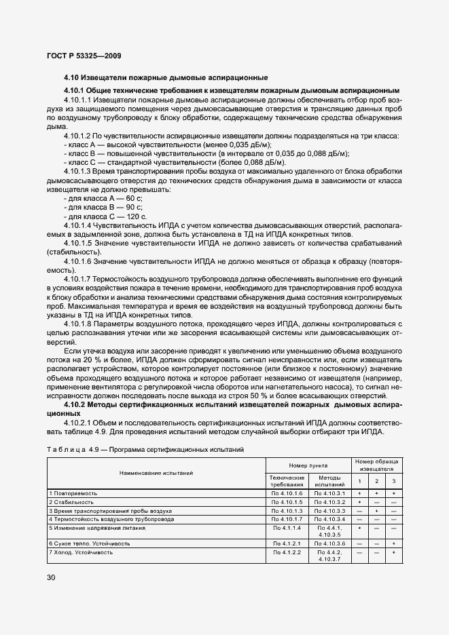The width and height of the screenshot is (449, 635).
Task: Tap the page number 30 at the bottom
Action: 52,578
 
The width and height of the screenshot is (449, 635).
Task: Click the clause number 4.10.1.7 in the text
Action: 77,280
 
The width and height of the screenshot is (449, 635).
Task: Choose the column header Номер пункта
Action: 308,466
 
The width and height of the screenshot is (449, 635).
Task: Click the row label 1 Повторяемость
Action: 73,493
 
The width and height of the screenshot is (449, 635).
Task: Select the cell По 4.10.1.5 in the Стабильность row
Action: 287,501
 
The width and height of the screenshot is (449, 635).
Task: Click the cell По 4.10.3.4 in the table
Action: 330,519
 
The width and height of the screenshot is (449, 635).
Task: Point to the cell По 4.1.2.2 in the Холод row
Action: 287,553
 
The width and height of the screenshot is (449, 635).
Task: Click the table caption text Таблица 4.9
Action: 71,449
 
